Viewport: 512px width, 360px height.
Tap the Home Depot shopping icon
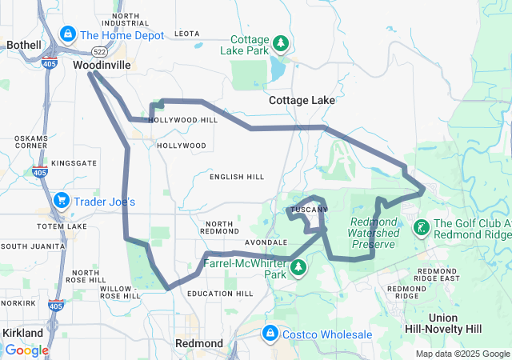tap(69, 35)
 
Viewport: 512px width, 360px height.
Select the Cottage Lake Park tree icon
tap(280, 42)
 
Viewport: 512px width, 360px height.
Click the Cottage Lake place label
tap(302, 101)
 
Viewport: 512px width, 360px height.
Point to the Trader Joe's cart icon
tap(62, 201)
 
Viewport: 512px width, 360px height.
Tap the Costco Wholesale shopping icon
tap(270, 333)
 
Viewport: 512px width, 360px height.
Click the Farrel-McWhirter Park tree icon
tap(298, 266)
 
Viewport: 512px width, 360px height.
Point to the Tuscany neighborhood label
tap(307, 210)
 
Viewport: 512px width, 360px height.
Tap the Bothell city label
tap(23, 46)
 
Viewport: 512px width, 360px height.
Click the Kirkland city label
tap(22, 332)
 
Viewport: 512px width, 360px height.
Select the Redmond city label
tap(199, 343)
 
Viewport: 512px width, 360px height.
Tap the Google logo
tap(26, 350)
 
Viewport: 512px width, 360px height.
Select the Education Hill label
tap(220, 294)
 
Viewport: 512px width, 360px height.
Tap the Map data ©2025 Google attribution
tap(462, 354)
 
